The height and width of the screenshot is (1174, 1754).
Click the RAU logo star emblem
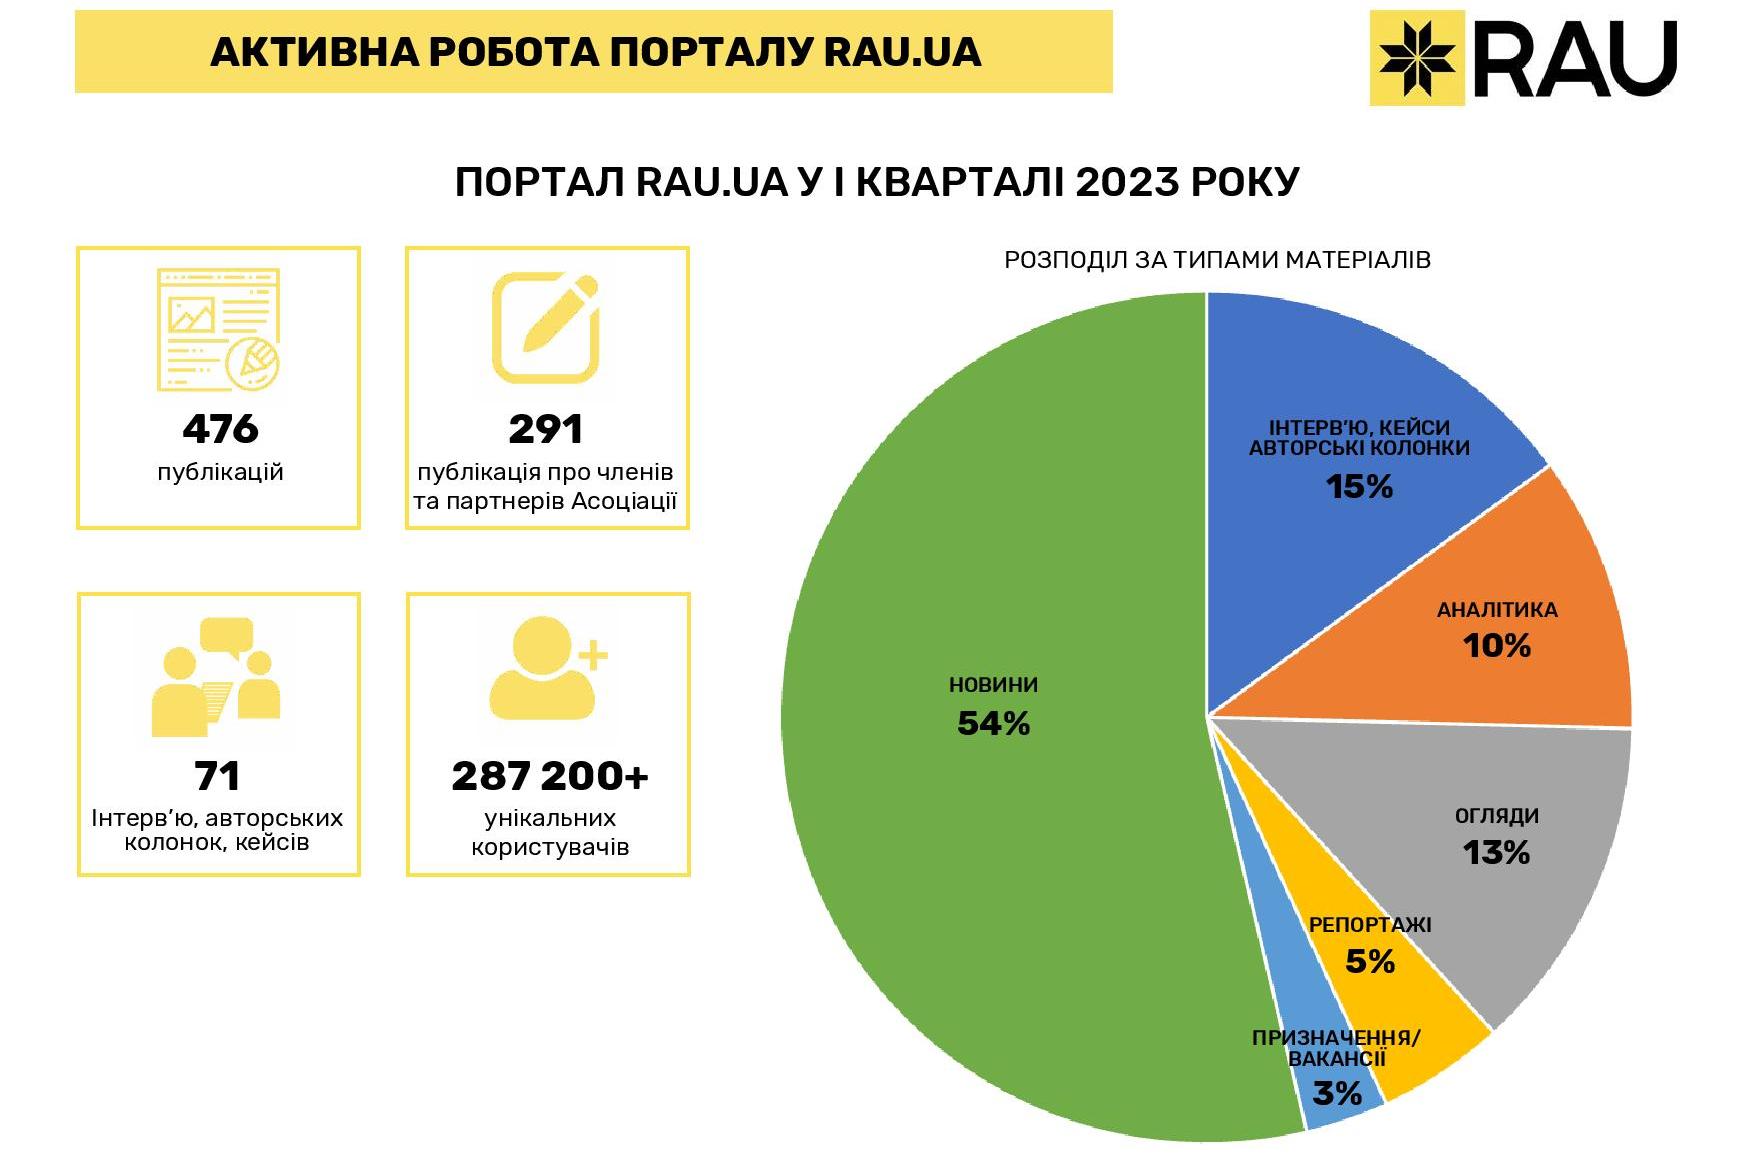tap(1417, 57)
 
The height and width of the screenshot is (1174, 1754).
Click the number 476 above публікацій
tap(220, 429)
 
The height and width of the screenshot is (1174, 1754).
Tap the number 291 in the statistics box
tap(545, 429)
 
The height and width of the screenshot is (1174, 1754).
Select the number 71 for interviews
tap(217, 776)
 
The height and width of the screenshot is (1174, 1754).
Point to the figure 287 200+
tap(550, 776)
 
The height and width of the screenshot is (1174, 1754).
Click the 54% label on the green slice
tap(993, 723)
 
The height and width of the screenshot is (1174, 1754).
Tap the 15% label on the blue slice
tap(1359, 487)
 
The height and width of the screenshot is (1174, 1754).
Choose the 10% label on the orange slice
tap(1497, 646)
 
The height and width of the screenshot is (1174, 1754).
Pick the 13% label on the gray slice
tap(1496, 853)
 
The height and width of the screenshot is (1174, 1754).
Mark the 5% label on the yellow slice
tap(1370, 962)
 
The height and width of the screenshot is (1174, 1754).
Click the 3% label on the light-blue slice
tap(1337, 1094)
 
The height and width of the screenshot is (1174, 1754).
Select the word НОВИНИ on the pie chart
tap(993, 685)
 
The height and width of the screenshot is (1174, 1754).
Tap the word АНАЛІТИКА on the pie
tap(1497, 610)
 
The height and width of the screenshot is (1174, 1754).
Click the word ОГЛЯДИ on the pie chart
tap(1496, 816)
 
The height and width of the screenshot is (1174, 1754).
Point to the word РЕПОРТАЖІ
tap(1370, 925)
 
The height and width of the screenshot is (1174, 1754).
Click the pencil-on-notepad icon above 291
tap(546, 328)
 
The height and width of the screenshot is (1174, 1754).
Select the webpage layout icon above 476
tap(218, 330)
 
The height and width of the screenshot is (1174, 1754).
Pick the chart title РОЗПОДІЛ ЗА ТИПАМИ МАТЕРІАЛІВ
tap(1217, 260)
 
